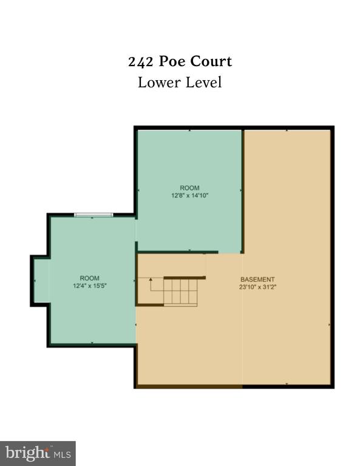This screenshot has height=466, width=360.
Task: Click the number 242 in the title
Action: click(141, 62)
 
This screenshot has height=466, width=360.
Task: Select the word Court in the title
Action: click(211, 61)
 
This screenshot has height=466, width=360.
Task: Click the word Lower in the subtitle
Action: click(159, 83)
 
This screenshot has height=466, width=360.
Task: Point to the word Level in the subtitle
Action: click(203, 83)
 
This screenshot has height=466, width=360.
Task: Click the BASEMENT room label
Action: click(257, 279)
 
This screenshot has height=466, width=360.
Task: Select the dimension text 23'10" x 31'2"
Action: click(258, 287)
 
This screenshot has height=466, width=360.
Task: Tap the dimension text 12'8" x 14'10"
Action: click(189, 195)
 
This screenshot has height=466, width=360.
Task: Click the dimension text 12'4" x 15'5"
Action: click(90, 286)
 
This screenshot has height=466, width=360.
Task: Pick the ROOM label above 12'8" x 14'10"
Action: click(189, 188)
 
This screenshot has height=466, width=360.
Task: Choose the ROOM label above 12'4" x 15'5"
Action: click(89, 278)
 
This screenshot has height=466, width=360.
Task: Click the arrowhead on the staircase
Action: click(151, 279)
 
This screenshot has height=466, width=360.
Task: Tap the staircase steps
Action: click(180, 292)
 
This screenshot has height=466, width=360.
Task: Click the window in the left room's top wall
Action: click(93, 215)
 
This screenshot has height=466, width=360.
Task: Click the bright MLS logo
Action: click(38, 453)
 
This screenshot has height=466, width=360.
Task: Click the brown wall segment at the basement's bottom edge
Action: click(189, 387)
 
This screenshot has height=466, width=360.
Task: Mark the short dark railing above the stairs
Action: click(185, 277)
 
